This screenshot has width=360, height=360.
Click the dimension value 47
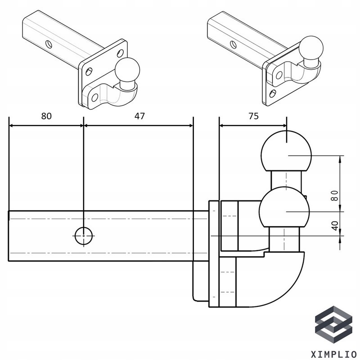(x=139, y=116)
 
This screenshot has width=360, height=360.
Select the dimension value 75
(x=253, y=116)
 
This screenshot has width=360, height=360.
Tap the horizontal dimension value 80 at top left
(x=46, y=116)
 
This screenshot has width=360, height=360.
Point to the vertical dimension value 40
(x=334, y=225)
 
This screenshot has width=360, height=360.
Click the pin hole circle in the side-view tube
(x=84, y=235)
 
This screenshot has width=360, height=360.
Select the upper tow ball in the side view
(x=286, y=151)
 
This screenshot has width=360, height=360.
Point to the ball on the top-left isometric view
(x=126, y=71)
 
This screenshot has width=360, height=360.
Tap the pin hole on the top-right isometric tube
(x=233, y=44)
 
